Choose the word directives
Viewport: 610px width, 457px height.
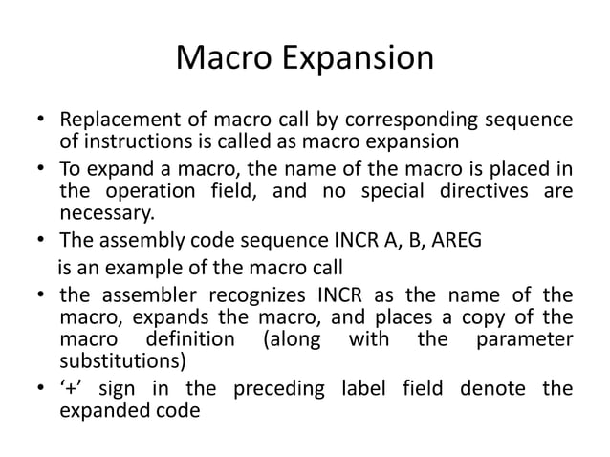(475, 192)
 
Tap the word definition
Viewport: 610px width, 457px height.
(187, 339)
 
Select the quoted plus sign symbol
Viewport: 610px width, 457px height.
(70, 388)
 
